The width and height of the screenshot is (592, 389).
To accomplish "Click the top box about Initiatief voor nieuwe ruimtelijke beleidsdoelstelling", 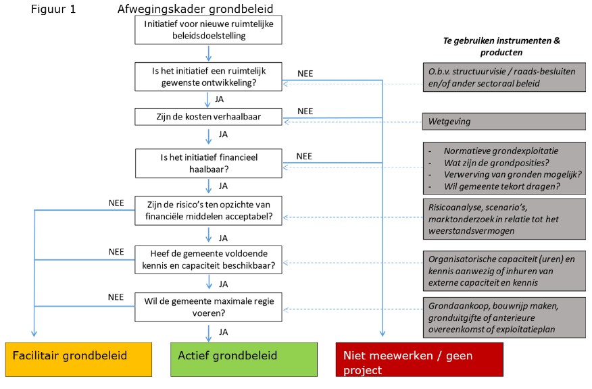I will (x=209, y=30).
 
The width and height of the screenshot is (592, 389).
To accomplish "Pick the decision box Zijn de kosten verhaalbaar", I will (x=209, y=118).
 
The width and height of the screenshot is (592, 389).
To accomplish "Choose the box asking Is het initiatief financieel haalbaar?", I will (x=209, y=163).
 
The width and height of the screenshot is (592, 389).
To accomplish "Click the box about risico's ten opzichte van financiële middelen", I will (x=209, y=211).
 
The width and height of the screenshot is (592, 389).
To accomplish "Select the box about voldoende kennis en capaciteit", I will (x=209, y=259).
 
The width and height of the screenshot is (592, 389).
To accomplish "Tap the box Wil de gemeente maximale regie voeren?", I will (x=209, y=305).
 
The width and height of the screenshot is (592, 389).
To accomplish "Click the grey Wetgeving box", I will (x=504, y=122).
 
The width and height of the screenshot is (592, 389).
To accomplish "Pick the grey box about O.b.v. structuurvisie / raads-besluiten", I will (x=504, y=77).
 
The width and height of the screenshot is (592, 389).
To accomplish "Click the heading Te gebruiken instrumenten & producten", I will (x=501, y=46).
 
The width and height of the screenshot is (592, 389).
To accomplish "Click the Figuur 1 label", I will (x=53, y=9).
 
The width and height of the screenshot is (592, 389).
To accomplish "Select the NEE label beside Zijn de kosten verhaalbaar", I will (x=305, y=111).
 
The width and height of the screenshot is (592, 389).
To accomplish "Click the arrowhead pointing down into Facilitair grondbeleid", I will (x=34, y=334).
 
